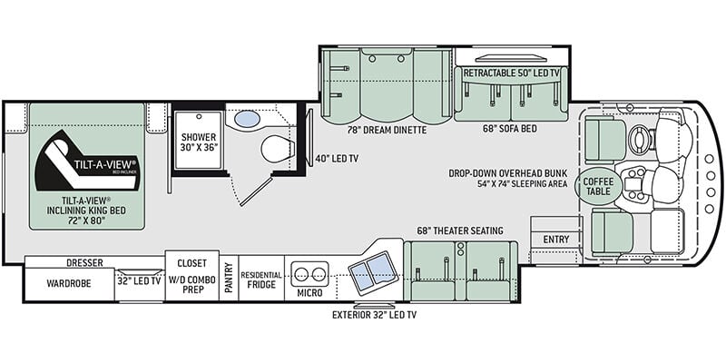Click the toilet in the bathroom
[278, 149]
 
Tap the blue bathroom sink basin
[247, 119]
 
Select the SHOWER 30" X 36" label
[199, 143]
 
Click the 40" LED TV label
[337, 158]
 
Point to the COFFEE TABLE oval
[598, 186]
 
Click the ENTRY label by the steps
[556, 240]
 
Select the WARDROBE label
[69, 283]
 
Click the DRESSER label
[84, 262]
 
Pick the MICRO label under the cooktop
[310, 293]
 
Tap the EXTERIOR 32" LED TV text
[374, 315]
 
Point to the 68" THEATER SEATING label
[460, 231]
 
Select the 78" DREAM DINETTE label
[388, 130]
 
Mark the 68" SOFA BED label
[510, 129]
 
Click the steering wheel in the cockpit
[640, 136]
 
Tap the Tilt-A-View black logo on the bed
[86, 161]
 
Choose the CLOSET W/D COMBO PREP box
[192, 276]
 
